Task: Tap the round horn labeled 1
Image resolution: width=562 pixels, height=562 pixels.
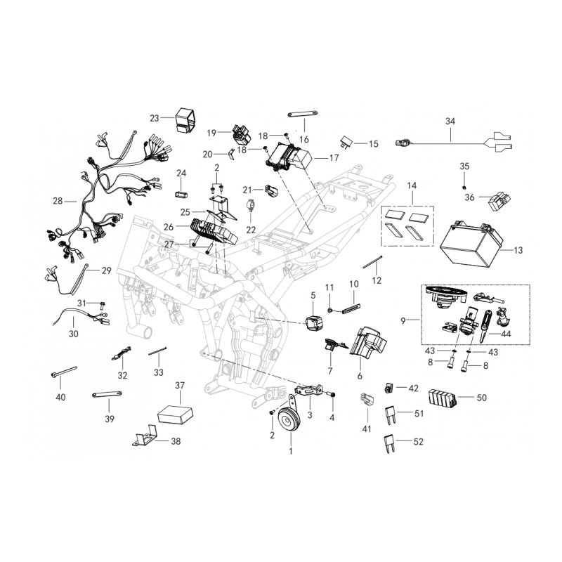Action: point(290,422)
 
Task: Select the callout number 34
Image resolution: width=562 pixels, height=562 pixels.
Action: point(450,121)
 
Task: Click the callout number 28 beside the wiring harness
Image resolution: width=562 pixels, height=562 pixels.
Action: point(58,201)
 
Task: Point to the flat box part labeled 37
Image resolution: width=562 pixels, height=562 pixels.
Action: point(177,412)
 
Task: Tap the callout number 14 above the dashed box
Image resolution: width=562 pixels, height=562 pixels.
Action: point(412,185)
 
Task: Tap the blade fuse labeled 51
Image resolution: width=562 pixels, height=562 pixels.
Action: point(392,413)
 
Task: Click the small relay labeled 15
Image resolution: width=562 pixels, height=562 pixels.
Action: point(348,143)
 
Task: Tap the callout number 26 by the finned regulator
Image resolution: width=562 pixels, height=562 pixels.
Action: point(168,227)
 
